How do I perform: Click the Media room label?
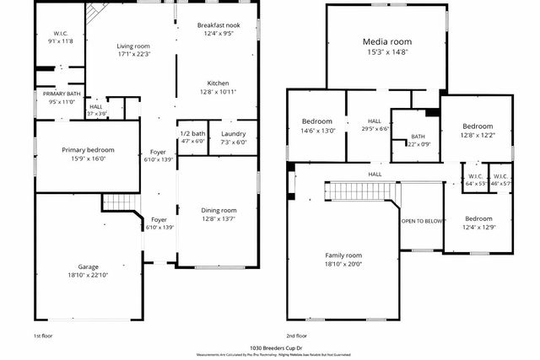[x=386, y=41]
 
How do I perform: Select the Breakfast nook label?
[x=218, y=25]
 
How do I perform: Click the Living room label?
[x=132, y=46]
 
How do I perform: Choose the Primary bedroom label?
[x=87, y=150]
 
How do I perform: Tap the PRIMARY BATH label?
[x=62, y=94]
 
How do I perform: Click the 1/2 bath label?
[x=192, y=133]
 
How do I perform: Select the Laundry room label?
[x=233, y=134]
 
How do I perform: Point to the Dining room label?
[x=218, y=210]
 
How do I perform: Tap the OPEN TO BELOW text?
[x=422, y=221]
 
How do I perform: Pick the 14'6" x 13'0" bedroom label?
[x=317, y=121]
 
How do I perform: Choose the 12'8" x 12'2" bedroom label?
[x=478, y=125]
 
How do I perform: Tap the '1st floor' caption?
[x=42, y=335]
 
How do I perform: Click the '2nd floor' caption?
[x=297, y=335]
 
